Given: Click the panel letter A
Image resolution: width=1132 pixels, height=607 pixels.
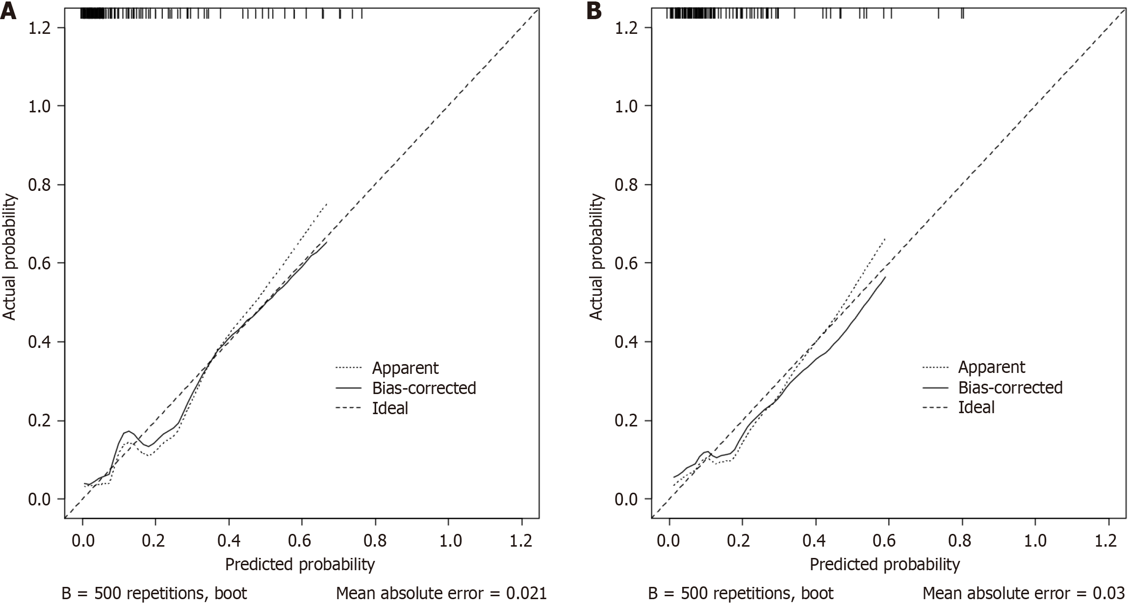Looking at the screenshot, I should (x=8, y=11).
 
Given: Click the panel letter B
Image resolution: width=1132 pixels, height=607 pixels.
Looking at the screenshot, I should (x=594, y=11).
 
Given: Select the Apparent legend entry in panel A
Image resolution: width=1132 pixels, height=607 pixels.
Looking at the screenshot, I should (x=405, y=368).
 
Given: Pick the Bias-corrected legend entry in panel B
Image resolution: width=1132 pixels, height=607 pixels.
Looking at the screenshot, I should (x=1010, y=387).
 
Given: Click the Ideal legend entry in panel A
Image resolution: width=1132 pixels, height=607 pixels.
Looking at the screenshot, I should (x=390, y=408).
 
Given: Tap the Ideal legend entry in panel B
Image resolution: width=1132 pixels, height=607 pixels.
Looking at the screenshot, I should (x=976, y=407).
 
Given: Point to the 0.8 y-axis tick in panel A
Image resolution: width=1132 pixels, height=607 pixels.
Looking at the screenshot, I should (x=40, y=185).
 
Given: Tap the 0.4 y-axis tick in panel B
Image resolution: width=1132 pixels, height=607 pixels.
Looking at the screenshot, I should (x=626, y=342).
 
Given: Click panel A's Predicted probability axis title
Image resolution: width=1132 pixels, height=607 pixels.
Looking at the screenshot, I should (x=300, y=564).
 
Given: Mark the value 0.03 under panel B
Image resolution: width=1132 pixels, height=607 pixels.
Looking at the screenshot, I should (x=1112, y=594).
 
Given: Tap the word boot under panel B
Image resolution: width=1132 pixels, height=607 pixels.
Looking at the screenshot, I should (x=817, y=594).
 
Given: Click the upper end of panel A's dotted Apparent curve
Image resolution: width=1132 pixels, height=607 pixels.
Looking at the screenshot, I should (x=327, y=203).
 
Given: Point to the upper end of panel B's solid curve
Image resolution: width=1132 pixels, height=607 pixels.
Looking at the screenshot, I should (x=885, y=277).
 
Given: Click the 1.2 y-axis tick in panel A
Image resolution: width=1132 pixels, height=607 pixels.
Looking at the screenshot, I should (x=40, y=27).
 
